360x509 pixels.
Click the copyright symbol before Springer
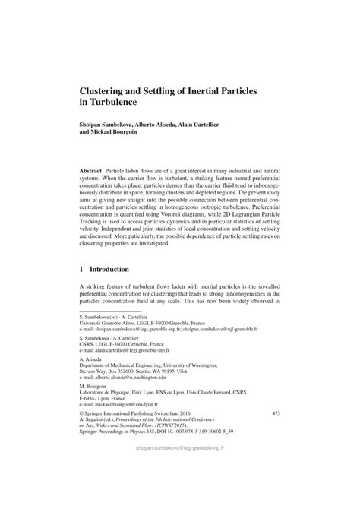pyautogui.click(x=81, y=435)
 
